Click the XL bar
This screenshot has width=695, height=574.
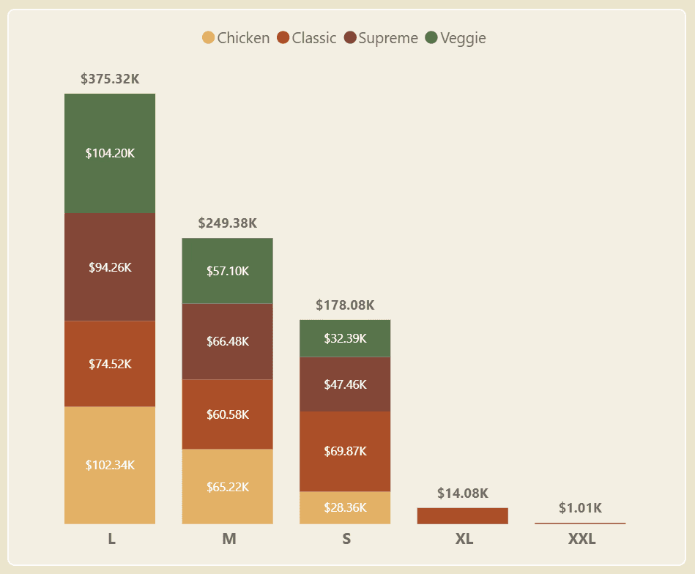tap(462, 515)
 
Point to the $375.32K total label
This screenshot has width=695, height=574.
tap(110, 79)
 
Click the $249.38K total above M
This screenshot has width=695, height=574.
tap(227, 223)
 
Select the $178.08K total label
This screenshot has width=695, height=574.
tap(345, 305)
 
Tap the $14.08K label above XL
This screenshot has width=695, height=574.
tap(462, 493)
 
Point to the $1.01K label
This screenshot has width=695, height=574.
tap(580, 508)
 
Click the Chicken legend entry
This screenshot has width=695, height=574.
tap(237, 38)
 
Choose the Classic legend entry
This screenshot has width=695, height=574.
tap(307, 38)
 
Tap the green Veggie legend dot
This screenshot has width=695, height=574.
tap(431, 38)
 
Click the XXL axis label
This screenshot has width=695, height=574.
tap(581, 540)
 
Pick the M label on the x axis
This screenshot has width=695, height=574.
tap(228, 540)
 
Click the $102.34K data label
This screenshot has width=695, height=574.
tap(110, 465)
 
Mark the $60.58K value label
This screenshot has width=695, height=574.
tap(227, 414)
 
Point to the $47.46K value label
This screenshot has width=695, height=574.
tap(345, 384)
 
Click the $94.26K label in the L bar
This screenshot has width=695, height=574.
tap(110, 267)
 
